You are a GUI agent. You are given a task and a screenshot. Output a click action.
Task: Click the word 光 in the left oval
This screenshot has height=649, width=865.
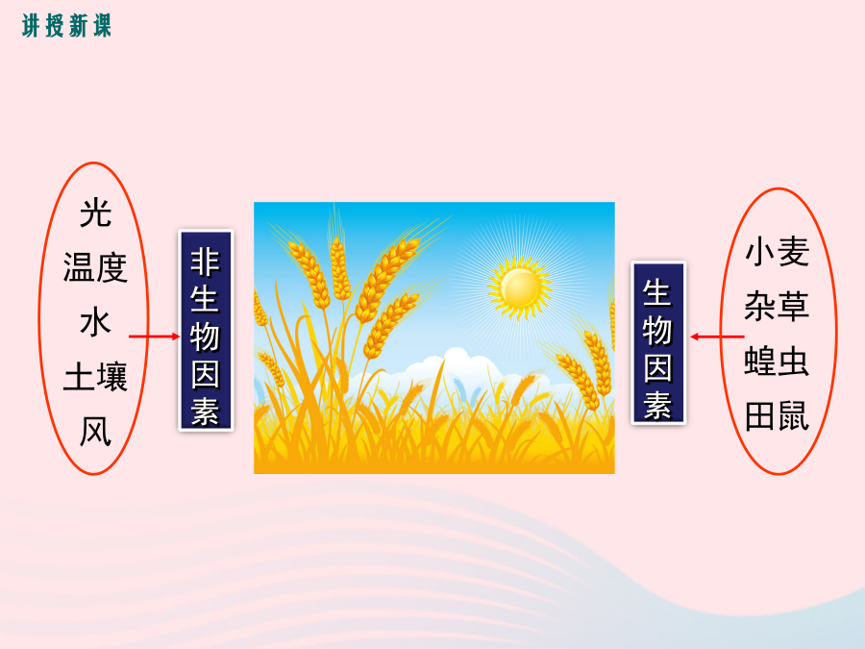click(x=95, y=213)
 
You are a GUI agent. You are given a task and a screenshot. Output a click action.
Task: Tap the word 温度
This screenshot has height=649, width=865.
click(x=95, y=267)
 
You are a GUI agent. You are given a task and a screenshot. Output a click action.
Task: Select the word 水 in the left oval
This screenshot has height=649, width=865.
click(x=95, y=322)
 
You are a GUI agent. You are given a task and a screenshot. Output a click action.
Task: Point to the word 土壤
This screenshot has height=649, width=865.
click(x=95, y=377)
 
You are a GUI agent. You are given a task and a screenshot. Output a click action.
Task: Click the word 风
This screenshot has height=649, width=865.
click(x=95, y=431)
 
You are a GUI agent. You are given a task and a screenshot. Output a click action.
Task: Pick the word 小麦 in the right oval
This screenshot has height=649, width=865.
click(x=777, y=252)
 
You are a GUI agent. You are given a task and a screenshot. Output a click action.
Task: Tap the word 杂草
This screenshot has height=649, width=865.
click(x=777, y=307)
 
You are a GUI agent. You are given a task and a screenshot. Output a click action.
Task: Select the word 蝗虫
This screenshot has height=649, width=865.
click(x=777, y=361)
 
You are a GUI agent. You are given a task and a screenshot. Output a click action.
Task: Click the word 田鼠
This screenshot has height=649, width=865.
click(x=777, y=415)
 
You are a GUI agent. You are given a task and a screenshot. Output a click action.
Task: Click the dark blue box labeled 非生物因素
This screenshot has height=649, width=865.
click(x=206, y=330)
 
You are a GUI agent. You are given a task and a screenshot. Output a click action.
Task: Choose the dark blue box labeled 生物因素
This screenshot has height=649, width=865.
click(x=658, y=342)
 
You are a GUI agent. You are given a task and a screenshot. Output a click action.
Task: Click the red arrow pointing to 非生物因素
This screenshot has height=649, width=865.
click(x=154, y=337)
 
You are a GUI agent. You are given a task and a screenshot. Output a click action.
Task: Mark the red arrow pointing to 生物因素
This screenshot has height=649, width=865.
click(x=717, y=337)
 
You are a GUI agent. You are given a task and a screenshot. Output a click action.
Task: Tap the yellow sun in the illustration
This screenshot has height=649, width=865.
click(x=520, y=287)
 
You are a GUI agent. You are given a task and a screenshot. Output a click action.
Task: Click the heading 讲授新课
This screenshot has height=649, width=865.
click(x=66, y=26)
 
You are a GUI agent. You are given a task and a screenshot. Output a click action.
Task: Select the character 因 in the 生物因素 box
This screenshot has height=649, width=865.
click(x=657, y=368)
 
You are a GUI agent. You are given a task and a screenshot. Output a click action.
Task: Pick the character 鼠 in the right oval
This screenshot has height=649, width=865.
click(x=793, y=415)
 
